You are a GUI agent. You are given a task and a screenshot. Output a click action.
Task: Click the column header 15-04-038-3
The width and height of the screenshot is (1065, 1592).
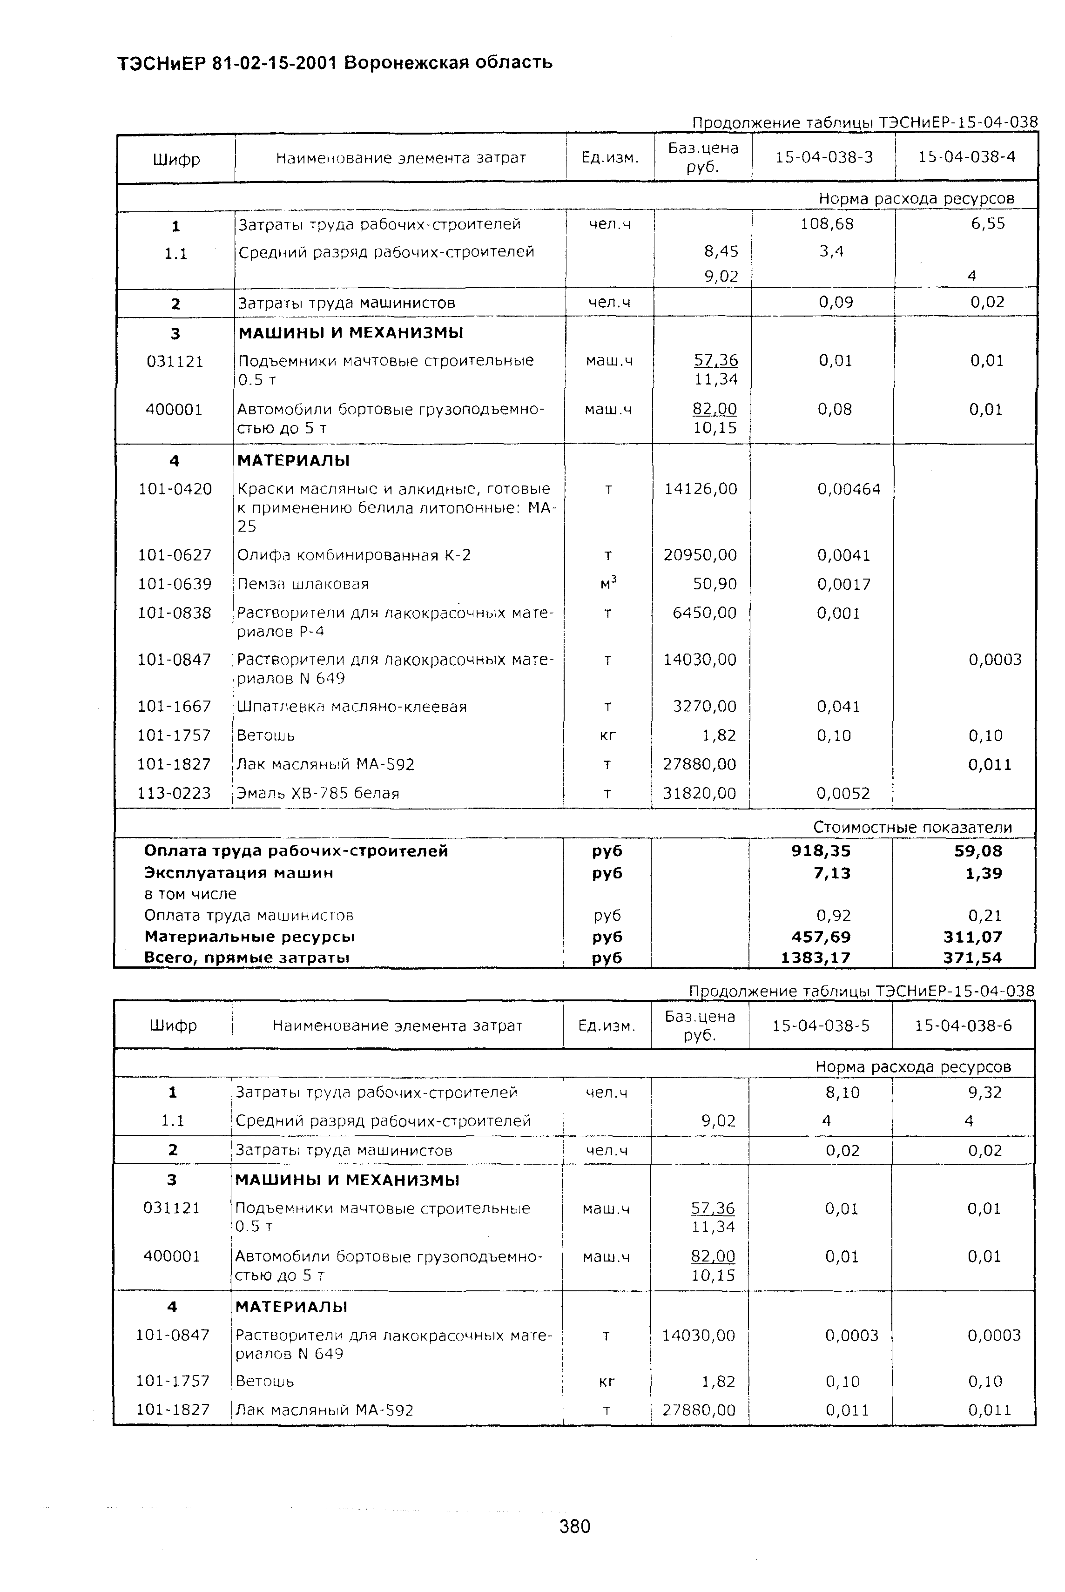824,157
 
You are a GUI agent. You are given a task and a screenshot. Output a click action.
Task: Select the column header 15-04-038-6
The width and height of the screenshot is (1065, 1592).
963,1025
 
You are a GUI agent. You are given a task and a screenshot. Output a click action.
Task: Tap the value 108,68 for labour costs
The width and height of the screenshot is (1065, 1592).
827,224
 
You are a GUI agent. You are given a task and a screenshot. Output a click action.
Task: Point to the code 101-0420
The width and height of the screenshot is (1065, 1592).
175,489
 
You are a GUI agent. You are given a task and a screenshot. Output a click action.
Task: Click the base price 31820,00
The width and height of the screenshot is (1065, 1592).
700,793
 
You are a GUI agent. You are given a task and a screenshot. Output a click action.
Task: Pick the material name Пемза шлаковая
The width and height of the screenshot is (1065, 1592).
303,584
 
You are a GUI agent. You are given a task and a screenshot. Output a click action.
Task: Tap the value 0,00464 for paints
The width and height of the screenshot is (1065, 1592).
849,489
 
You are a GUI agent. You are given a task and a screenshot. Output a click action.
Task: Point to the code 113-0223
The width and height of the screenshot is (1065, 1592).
175,793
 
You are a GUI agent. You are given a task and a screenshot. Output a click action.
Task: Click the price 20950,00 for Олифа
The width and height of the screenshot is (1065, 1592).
700,555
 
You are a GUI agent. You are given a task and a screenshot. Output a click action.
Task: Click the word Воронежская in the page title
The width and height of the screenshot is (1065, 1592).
405,63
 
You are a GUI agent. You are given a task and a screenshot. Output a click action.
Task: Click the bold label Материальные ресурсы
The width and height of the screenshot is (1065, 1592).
249,937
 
